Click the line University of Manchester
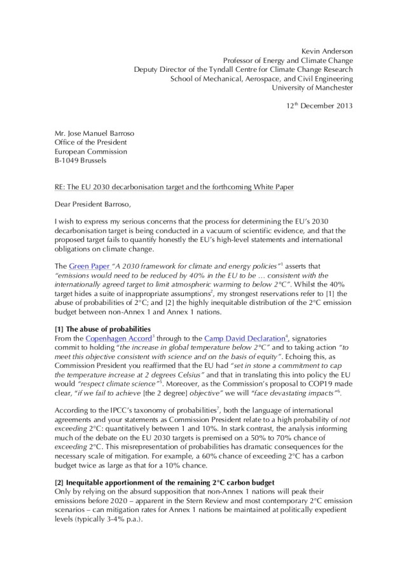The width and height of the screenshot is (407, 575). tap(312, 87)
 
